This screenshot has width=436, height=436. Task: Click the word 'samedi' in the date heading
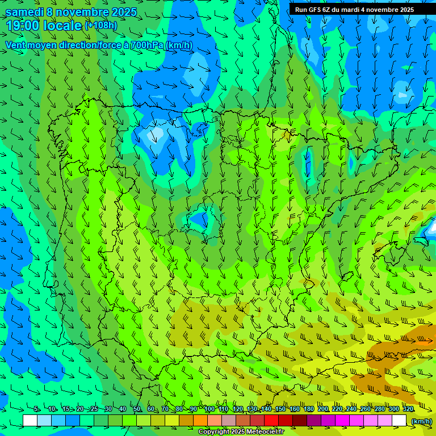[x=24, y=12]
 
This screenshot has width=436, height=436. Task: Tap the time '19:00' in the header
[x=22, y=26]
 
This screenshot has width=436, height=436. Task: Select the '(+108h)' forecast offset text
[x=101, y=26]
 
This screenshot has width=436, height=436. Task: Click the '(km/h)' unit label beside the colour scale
[x=421, y=421]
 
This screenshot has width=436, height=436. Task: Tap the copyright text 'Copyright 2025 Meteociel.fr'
[x=241, y=432]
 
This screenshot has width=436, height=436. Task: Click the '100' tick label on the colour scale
[x=209, y=409]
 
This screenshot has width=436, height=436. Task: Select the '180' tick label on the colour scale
[x=308, y=409]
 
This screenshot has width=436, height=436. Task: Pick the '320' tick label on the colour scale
[x=408, y=409]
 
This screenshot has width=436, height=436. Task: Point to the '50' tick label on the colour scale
[x=137, y=409]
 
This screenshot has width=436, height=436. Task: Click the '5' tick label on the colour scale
[x=36, y=409]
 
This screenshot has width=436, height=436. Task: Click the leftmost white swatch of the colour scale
[x=30, y=421]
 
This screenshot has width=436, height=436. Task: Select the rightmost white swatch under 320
[x=399, y=421]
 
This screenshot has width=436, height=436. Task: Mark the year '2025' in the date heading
[x=124, y=12]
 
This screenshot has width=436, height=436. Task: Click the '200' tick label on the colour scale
[x=322, y=409]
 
